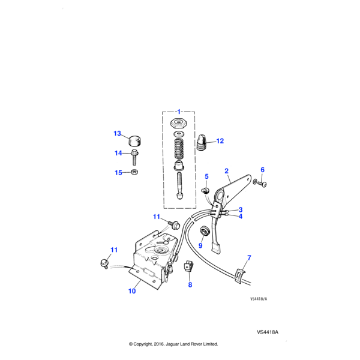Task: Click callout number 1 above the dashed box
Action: point(178,112)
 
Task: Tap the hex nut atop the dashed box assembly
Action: point(178,123)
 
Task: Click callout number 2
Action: point(227,170)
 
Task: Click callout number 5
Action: point(206,176)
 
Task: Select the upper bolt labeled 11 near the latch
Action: point(174,225)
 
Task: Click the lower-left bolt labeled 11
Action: point(104,262)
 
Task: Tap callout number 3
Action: point(240,209)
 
